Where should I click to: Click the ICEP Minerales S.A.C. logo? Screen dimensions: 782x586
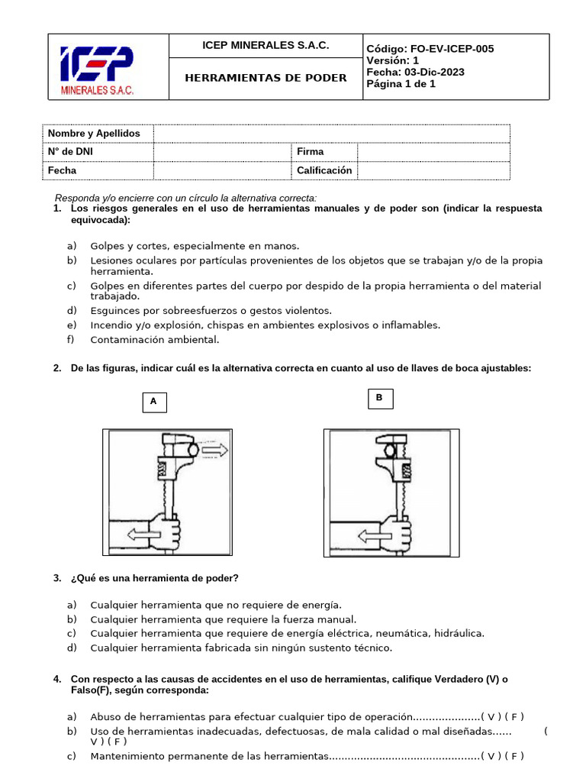point(97,71)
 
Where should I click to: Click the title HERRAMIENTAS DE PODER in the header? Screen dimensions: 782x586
point(266,78)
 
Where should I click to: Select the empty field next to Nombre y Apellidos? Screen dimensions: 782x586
point(331,134)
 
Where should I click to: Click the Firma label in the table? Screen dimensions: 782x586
point(310,152)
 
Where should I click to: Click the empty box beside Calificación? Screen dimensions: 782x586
point(433,170)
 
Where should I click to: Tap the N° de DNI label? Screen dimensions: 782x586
point(71,152)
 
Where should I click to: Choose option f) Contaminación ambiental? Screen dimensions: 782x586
point(154,340)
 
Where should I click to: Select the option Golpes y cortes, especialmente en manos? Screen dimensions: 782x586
point(195,246)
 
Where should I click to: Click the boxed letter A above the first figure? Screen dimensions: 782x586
point(153,401)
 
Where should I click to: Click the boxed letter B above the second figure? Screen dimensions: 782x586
point(379,398)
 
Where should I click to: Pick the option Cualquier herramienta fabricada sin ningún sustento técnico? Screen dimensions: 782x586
point(240,648)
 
